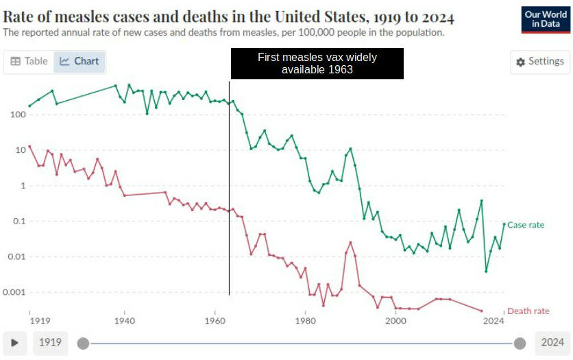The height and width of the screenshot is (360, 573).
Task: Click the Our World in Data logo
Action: coord(545,20)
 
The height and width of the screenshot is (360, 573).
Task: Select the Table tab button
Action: coord(29,61)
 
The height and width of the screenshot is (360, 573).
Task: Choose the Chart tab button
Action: coord(80,61)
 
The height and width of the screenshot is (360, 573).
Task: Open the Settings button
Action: coord(540,62)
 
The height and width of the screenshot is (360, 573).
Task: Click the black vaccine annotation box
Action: coord(317,63)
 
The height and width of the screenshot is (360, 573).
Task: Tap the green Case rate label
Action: coord(526,225)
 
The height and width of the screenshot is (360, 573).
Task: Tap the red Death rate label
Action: coord(528,311)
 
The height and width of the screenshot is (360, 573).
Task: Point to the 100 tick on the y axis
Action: coord(16,115)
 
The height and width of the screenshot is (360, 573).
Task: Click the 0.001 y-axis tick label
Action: coord(14,292)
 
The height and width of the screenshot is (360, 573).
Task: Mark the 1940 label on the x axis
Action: coord(124,320)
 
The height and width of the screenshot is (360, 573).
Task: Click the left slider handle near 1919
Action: coord(83,343)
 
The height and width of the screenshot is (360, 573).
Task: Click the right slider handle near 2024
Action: coord(520,343)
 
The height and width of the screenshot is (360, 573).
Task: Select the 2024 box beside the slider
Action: coord(552,342)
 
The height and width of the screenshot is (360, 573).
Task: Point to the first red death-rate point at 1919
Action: coord(29,147)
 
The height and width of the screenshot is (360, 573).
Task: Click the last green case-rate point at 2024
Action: coord(504,224)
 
